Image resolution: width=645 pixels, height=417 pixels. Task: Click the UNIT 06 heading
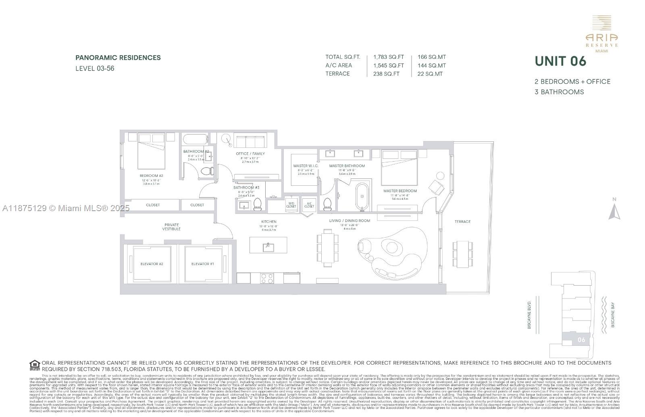click(560, 61)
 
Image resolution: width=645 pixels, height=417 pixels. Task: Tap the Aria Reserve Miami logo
click(601, 34)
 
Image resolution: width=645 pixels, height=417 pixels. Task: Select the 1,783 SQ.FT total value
click(388, 57)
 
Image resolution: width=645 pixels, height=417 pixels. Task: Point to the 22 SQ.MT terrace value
click(430, 74)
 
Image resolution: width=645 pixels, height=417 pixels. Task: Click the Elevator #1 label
click(202, 264)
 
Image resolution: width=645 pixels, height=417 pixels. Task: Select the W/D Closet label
click(291, 205)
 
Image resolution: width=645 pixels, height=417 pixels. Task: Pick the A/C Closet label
click(309, 205)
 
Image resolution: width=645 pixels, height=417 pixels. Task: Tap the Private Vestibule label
click(171, 227)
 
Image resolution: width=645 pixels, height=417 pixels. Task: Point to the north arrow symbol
click(614, 210)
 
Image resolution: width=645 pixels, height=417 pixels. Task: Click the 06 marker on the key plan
click(581, 340)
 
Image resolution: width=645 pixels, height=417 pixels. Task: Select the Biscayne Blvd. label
click(530, 314)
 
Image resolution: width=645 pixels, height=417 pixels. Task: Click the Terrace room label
click(462, 222)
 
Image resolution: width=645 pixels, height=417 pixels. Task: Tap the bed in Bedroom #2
click(152, 151)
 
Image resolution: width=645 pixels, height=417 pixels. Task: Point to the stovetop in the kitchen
click(266, 278)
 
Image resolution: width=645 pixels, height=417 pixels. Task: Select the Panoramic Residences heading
click(118, 58)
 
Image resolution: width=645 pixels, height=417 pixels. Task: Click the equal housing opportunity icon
click(35, 365)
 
